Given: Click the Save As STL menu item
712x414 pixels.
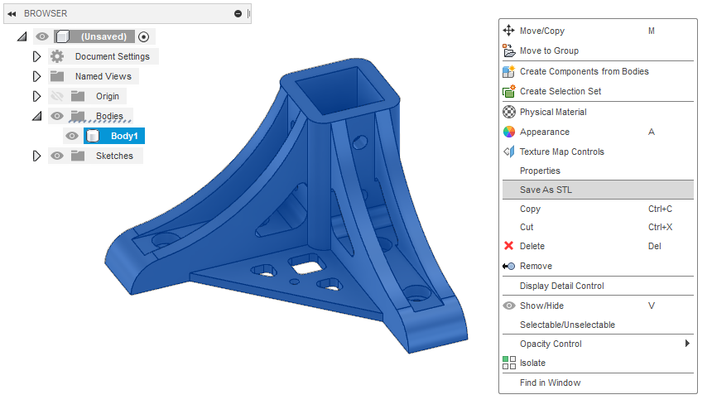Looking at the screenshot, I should pyautogui.click(x=546, y=190).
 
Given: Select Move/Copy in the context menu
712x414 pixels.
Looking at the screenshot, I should pyautogui.click(x=541, y=31).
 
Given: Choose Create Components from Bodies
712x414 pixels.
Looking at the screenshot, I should pyautogui.click(x=584, y=71).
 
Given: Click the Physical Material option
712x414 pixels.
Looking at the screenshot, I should pyautogui.click(x=553, y=112).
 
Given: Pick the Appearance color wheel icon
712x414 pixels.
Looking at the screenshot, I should pyautogui.click(x=509, y=132).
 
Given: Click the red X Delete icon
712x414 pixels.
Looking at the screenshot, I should pyautogui.click(x=509, y=246).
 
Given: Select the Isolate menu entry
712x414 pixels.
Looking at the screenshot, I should pyautogui.click(x=532, y=363).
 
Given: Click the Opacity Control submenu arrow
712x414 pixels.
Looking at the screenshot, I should pyautogui.click(x=687, y=344).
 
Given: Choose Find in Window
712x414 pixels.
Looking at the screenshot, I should pyautogui.click(x=550, y=383).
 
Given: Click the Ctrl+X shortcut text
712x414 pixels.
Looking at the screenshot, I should pyautogui.click(x=660, y=227).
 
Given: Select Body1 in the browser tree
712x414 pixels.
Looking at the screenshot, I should pyautogui.click(x=123, y=136).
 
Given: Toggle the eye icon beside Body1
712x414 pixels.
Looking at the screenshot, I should pyautogui.click(x=72, y=136).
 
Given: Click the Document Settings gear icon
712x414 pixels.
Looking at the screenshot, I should pyautogui.click(x=56, y=56).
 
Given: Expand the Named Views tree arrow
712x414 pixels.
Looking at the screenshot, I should pyautogui.click(x=36, y=76).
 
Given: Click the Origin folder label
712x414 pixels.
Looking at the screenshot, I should pyautogui.click(x=108, y=96).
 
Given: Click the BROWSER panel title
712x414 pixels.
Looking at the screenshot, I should pyautogui.click(x=46, y=13).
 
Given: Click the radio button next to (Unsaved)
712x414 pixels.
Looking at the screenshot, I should pyautogui.click(x=144, y=36).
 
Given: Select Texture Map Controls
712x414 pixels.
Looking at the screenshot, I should pyautogui.click(x=561, y=152).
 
